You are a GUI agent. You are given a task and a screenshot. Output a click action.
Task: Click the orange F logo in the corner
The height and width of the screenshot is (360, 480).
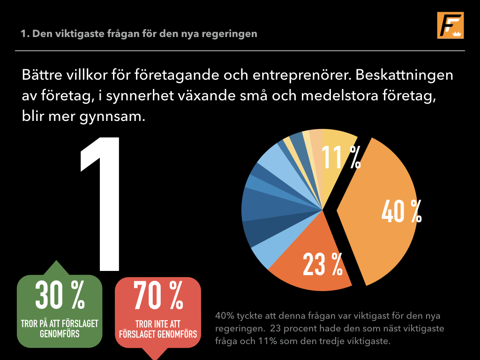coord(450,25)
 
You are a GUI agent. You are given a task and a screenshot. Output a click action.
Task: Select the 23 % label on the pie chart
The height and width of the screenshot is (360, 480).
coord(322,264)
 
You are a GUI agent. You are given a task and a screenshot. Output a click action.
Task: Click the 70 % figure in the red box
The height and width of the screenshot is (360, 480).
coord(158,295)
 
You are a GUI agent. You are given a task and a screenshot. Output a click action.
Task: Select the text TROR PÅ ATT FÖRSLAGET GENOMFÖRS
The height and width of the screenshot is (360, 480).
coord(60,329)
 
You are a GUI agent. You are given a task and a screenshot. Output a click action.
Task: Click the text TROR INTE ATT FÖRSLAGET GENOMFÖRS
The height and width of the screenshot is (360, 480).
coord(158,329)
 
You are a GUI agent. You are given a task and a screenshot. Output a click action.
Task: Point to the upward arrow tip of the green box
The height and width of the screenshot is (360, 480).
coord(56,262)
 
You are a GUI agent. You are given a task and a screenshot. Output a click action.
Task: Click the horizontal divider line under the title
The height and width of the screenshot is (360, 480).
coord(240,50)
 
